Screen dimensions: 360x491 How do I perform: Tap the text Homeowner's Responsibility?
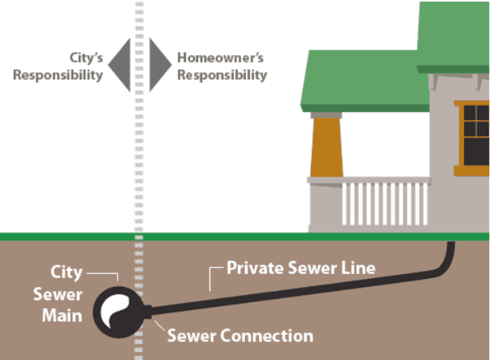222,66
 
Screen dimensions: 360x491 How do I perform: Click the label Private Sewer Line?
300,267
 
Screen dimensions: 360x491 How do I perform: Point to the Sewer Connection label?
239,335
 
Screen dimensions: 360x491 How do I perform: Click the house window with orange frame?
475,134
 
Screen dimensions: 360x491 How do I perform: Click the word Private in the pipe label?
252,267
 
